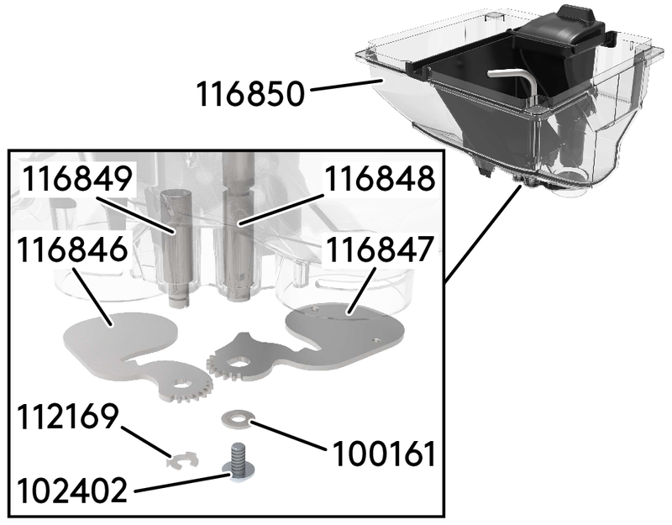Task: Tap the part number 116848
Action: [380, 180]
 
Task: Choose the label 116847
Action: [380, 249]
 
